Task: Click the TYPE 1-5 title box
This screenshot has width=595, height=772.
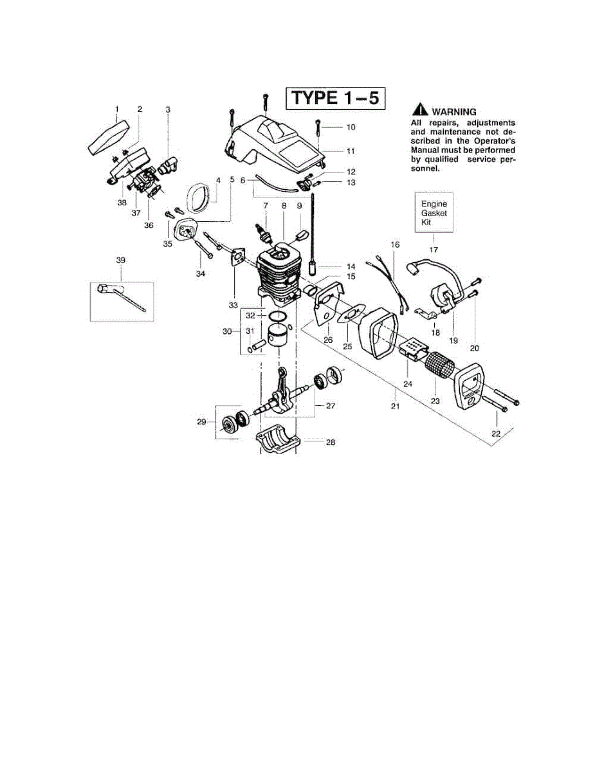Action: pyautogui.click(x=336, y=98)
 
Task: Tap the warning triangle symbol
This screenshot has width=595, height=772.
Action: pyautogui.click(x=421, y=111)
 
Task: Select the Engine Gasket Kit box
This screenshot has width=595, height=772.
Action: pyautogui.click(x=434, y=213)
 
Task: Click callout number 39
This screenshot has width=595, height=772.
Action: pyautogui.click(x=121, y=261)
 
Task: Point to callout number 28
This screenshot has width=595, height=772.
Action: pyautogui.click(x=331, y=443)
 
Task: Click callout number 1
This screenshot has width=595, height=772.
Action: pyautogui.click(x=116, y=109)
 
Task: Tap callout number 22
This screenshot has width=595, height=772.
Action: pyautogui.click(x=495, y=434)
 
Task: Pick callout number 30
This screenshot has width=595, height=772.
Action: pyautogui.click(x=226, y=331)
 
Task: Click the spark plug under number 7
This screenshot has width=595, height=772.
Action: pyautogui.click(x=264, y=228)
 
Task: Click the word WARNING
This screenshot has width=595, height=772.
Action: pyautogui.click(x=453, y=111)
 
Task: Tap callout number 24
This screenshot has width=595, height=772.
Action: pyautogui.click(x=407, y=383)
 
